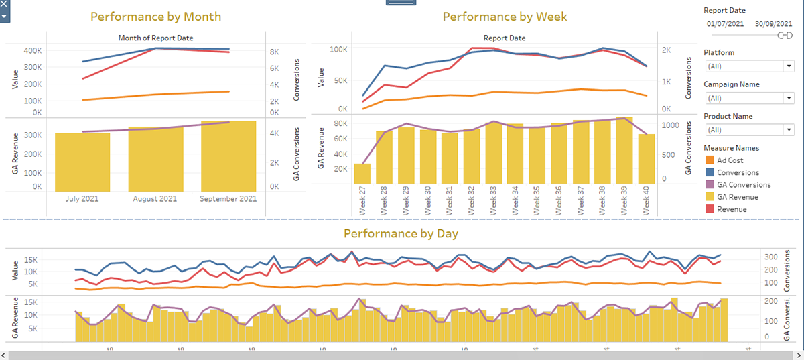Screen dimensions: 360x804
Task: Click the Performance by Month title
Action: point(155,17)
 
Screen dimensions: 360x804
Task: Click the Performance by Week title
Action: point(505,17)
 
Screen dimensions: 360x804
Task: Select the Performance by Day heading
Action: point(401,233)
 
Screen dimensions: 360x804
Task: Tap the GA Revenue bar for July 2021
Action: point(82,161)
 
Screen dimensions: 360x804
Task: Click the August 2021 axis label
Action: point(155,198)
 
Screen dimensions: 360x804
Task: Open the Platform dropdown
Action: point(749,66)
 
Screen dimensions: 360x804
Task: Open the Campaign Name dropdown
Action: point(749,98)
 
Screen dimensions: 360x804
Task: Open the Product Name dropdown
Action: point(749,129)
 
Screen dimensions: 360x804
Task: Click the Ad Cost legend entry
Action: point(730,160)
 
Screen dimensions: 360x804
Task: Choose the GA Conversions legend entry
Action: point(744,184)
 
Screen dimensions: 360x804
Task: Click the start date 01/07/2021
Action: point(725,23)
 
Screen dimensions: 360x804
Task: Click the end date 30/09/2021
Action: point(773,23)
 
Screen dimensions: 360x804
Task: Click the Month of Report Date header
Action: point(155,38)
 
